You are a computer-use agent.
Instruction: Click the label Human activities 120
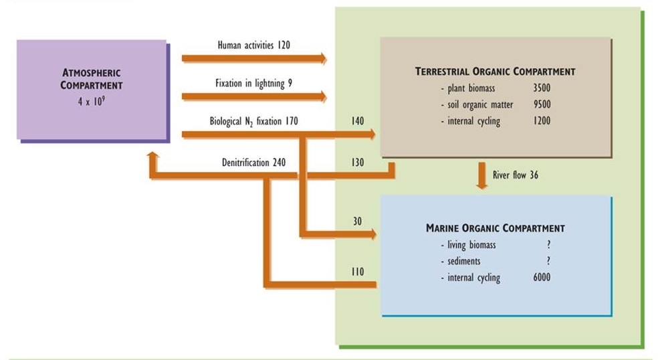point(253,46)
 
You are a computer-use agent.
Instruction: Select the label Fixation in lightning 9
point(253,84)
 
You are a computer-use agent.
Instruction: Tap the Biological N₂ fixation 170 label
point(253,122)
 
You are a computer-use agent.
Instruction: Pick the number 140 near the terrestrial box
point(357,122)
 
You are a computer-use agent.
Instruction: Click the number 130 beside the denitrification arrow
point(357,163)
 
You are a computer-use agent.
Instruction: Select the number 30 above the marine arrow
point(357,221)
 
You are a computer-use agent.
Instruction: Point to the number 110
point(357,272)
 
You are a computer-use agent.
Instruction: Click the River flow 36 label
point(516,175)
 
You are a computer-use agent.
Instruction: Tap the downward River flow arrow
point(481,175)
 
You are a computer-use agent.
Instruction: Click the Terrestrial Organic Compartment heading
point(495,71)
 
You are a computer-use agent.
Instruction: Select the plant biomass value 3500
point(542,88)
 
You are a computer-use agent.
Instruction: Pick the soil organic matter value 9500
point(542,105)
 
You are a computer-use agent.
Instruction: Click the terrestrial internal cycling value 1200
point(542,122)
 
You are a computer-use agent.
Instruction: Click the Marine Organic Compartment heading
point(496,228)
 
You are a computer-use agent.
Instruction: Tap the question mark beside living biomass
point(548,245)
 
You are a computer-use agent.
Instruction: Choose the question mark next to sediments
point(548,261)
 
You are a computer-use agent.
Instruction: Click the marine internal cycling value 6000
point(542,278)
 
